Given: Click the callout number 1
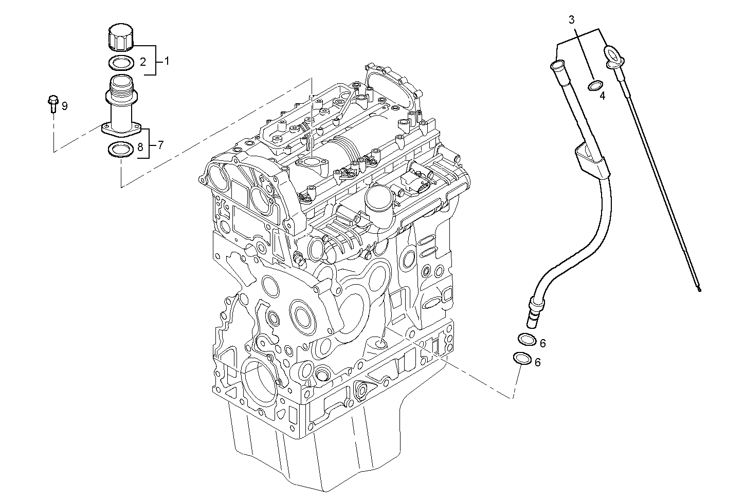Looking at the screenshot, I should [x=167, y=61].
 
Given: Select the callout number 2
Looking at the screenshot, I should [x=143, y=62].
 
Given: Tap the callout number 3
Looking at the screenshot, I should [x=572, y=20].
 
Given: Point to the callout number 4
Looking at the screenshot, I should [x=602, y=96].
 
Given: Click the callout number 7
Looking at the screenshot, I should [x=160, y=145].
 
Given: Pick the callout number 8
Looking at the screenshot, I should [x=140, y=148].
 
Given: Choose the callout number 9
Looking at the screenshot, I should [x=64, y=106].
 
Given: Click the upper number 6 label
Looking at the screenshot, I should [x=542, y=343].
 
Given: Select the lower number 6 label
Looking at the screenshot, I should [x=537, y=362].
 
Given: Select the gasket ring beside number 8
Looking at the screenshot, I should [x=119, y=150].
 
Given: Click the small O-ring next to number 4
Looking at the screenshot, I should [x=596, y=85].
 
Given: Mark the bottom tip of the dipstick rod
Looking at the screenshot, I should [x=699, y=289].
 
